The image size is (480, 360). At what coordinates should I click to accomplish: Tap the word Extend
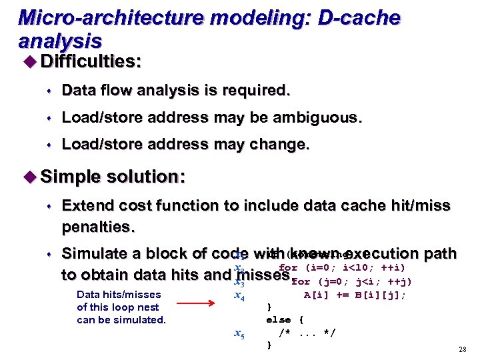pos(89,205)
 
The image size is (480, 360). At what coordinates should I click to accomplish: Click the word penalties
pos(98,227)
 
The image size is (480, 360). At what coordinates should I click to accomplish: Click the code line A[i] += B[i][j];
pos(355,295)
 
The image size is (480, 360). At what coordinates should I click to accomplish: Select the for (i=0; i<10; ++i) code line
pos(341,268)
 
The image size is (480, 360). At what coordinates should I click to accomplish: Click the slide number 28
pos(462,350)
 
